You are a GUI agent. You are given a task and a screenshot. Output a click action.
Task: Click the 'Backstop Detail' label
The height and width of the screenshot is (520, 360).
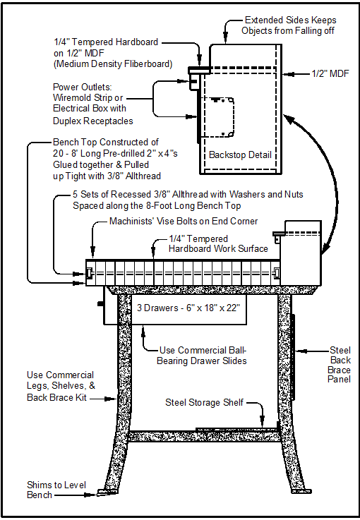pyautogui.click(x=240, y=155)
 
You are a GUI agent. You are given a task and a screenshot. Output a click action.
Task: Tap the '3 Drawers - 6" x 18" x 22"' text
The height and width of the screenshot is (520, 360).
pyautogui.click(x=188, y=308)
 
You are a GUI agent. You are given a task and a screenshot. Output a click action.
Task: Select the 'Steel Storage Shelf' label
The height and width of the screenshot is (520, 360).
pyautogui.click(x=205, y=403)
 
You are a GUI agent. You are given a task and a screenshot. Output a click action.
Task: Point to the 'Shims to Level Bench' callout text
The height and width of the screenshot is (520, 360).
pyautogui.click(x=56, y=490)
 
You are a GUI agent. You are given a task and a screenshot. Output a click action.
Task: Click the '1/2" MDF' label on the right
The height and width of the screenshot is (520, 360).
pyautogui.click(x=330, y=73)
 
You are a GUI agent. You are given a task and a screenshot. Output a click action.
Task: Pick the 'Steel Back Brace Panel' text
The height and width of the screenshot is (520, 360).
pyautogui.click(x=340, y=365)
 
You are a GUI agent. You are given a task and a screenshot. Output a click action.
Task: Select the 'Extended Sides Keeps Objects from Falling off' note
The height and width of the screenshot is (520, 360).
pyautogui.click(x=289, y=25)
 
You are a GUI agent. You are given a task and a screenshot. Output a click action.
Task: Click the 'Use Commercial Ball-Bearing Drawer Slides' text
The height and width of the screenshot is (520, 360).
pyautogui.click(x=202, y=356)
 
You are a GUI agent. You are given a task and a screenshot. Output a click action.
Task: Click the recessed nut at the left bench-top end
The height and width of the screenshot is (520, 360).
pyautogui.click(x=89, y=273)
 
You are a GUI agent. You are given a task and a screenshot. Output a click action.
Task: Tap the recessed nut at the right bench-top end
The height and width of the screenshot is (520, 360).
pyautogui.click(x=277, y=273)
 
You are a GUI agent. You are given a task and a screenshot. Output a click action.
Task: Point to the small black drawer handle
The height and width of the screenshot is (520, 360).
pyautogui.click(x=100, y=303)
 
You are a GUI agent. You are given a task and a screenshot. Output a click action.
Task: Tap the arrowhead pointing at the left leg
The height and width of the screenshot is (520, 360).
pyautogui.click(x=111, y=399)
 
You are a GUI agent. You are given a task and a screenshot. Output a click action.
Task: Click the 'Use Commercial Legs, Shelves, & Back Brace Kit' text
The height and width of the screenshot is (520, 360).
pyautogui.click(x=61, y=387)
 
